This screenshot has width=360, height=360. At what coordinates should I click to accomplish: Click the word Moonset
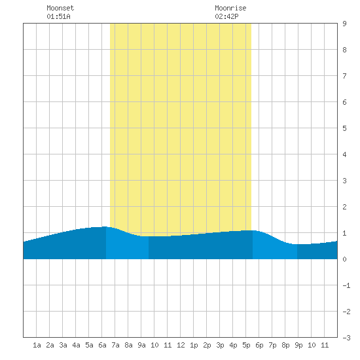point(60,8)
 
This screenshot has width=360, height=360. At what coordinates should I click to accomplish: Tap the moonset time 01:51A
point(58,16)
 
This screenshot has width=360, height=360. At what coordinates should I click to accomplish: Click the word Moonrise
point(230,8)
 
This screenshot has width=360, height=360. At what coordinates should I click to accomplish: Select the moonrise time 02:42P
point(227,16)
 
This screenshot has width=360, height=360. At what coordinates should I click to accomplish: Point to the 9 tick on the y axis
point(344,24)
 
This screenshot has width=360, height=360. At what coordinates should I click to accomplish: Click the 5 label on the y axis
point(344,128)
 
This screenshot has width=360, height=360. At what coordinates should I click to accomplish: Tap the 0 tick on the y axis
point(344,259)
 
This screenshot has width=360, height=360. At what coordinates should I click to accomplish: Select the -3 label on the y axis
point(346,338)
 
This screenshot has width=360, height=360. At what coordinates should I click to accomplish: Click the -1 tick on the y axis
point(346,285)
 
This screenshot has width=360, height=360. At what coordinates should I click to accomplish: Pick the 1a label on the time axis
point(37,345)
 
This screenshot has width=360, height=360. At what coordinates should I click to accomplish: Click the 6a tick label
point(102,345)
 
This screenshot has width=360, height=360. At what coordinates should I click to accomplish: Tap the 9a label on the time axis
point(141,345)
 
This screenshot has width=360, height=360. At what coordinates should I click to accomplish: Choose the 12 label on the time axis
point(181,345)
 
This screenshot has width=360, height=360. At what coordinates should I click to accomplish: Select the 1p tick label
point(194,345)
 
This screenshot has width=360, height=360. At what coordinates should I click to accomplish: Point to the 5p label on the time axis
point(246,345)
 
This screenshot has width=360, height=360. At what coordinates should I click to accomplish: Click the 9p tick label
point(298,345)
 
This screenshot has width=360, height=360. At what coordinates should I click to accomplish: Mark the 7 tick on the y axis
point(344,76)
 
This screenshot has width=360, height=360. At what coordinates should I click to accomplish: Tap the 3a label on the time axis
point(63,345)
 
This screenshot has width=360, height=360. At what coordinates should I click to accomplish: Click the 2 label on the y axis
point(344,207)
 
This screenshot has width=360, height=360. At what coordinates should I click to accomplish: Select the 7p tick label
point(272,345)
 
